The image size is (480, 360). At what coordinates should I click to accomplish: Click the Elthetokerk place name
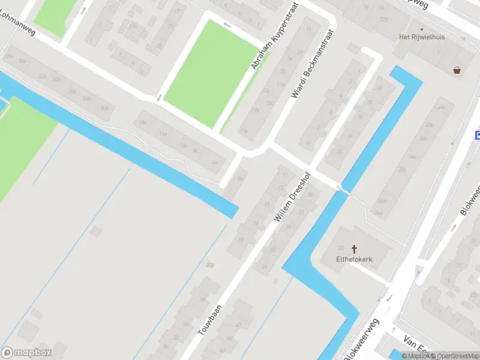(354, 259)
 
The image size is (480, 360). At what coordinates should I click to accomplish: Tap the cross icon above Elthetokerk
(354, 248)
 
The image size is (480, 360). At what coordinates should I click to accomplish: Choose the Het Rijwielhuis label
(422, 37)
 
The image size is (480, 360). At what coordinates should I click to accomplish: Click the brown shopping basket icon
(458, 70)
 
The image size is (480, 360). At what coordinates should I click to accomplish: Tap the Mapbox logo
(26, 352)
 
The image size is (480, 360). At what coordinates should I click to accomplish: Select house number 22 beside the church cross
(341, 248)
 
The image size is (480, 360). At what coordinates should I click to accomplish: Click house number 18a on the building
(143, 122)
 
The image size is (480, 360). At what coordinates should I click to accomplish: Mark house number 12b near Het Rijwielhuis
(383, 19)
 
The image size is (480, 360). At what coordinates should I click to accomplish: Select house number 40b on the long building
(428, 125)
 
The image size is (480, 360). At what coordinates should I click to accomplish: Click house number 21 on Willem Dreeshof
(265, 266)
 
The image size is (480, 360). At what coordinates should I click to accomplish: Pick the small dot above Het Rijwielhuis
(422, 28)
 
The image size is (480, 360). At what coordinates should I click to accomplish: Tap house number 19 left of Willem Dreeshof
(241, 239)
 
